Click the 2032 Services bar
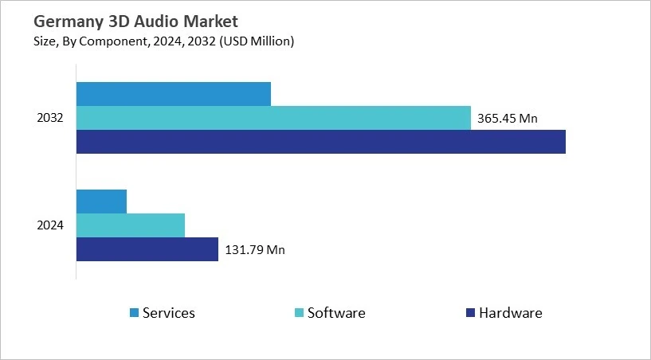point(174,94)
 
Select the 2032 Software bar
point(273,118)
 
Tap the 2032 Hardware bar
point(320,142)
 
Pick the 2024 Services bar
point(101,202)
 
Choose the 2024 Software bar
point(131,225)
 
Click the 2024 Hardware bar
point(147,249)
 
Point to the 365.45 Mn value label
point(508,119)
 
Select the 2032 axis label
point(50,118)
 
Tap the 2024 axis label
point(50,225)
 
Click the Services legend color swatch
point(133,313)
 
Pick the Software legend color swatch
point(298,313)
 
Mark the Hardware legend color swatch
point(469,313)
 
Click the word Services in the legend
point(168,313)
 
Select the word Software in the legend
point(336,313)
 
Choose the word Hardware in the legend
point(510,313)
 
